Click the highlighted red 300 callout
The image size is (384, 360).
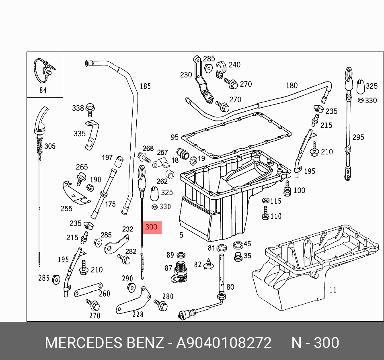coord(151,227)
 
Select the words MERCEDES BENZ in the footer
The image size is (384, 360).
coord(104,343)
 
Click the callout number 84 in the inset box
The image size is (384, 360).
coord(43,90)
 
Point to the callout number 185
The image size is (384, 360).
coord(145,86)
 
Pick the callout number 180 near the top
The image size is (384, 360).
coord(292,85)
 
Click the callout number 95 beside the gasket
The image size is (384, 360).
coord(174,137)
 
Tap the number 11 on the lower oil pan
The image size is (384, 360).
coord(333,290)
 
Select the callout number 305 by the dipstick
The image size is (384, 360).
coord(50,146)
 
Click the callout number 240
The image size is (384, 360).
coord(234,65)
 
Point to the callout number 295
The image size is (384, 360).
coord(358,137)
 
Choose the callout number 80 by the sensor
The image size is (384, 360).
coord(230,287)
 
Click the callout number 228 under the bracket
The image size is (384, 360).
coord(138,314)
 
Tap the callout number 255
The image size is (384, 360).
coord(66,208)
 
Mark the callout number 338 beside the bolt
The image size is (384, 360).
coord(78,108)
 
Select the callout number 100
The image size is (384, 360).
coord(299,190)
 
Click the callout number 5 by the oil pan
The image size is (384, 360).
coord(181,235)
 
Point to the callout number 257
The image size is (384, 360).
coord(162,153)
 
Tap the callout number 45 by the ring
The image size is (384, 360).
coord(247,244)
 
